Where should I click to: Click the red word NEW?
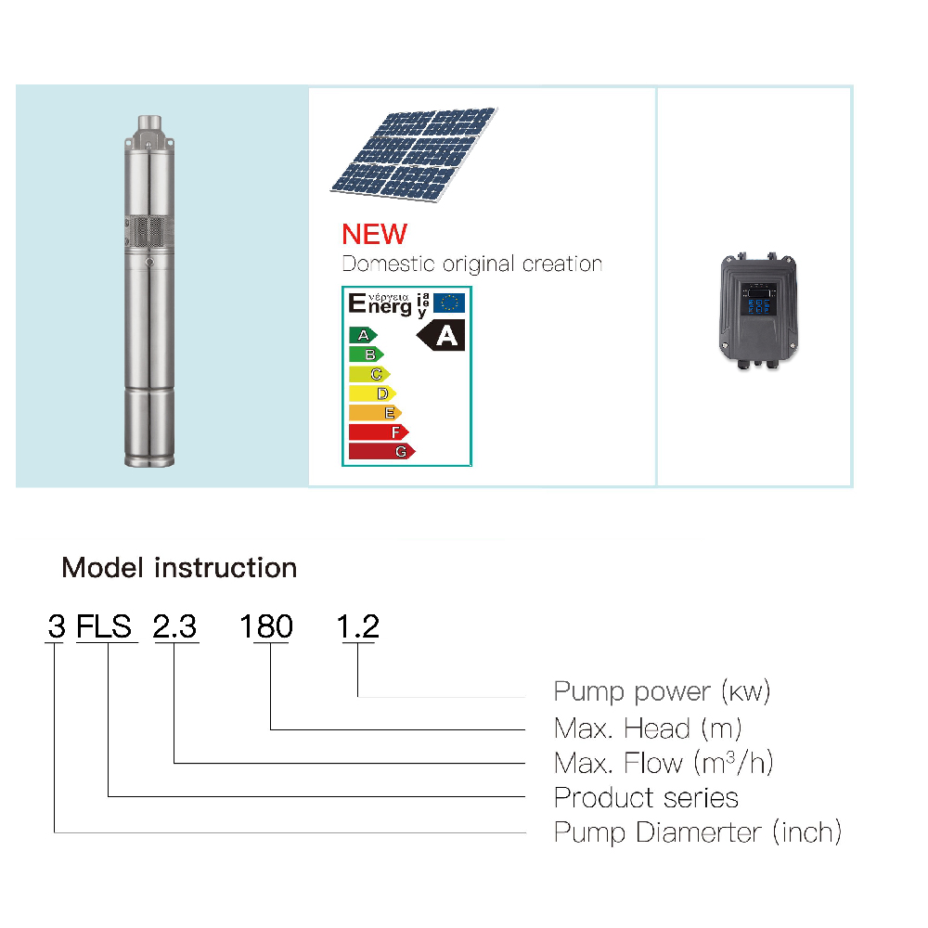[375, 235]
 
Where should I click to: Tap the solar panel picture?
[414, 154]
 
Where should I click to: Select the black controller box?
[758, 311]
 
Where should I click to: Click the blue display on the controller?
[758, 298]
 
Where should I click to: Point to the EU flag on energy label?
[449, 303]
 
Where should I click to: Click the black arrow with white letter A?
[441, 336]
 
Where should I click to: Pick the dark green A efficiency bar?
[363, 335]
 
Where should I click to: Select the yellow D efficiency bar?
[372, 393]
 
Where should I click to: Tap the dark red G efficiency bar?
[381, 452]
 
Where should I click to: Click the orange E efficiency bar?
[375, 413]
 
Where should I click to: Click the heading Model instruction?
[179, 568]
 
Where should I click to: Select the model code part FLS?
[104, 626]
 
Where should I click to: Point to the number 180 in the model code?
[266, 626]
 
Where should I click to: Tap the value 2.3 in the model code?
[174, 626]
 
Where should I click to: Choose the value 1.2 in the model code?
[357, 626]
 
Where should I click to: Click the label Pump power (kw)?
[662, 691]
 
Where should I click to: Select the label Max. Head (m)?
[648, 728]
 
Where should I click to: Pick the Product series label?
[646, 798]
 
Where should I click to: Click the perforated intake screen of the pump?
[149, 231]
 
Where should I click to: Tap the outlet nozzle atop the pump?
[149, 123]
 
